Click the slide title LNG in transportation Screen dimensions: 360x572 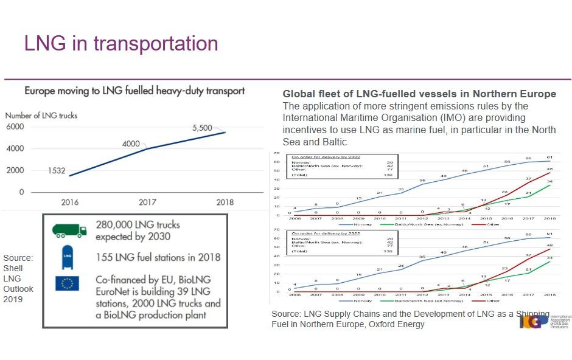(120, 44)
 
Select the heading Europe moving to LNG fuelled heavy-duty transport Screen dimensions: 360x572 (134, 91)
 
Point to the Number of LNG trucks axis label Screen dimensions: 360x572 (41, 115)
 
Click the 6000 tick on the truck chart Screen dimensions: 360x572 (15, 126)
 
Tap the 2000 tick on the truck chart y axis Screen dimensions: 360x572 (15, 170)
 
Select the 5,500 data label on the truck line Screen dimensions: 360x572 (202, 128)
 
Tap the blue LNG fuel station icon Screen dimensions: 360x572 (68, 258)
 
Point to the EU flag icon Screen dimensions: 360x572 (67, 283)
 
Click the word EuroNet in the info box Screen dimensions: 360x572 (115, 291)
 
